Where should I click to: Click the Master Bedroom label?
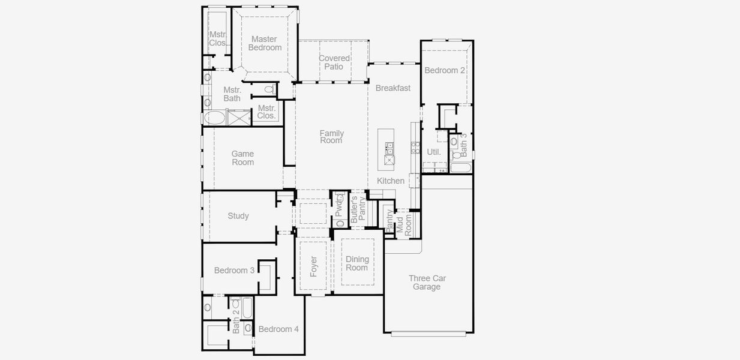(x=264, y=43)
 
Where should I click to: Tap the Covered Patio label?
(x=334, y=62)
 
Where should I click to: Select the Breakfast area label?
(x=393, y=88)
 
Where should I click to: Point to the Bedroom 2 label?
(x=445, y=70)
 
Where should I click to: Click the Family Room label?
(x=331, y=137)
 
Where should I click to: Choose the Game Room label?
(x=243, y=158)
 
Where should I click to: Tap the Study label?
(x=238, y=216)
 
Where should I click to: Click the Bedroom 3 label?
(x=234, y=271)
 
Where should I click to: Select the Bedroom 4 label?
(x=278, y=329)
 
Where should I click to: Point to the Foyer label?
(x=314, y=266)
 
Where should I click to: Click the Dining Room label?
(x=357, y=263)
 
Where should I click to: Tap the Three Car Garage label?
(x=427, y=283)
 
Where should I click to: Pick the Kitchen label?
(x=391, y=181)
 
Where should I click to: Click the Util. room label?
(x=434, y=152)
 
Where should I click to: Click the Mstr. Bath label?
(x=232, y=94)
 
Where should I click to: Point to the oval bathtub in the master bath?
(x=214, y=118)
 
